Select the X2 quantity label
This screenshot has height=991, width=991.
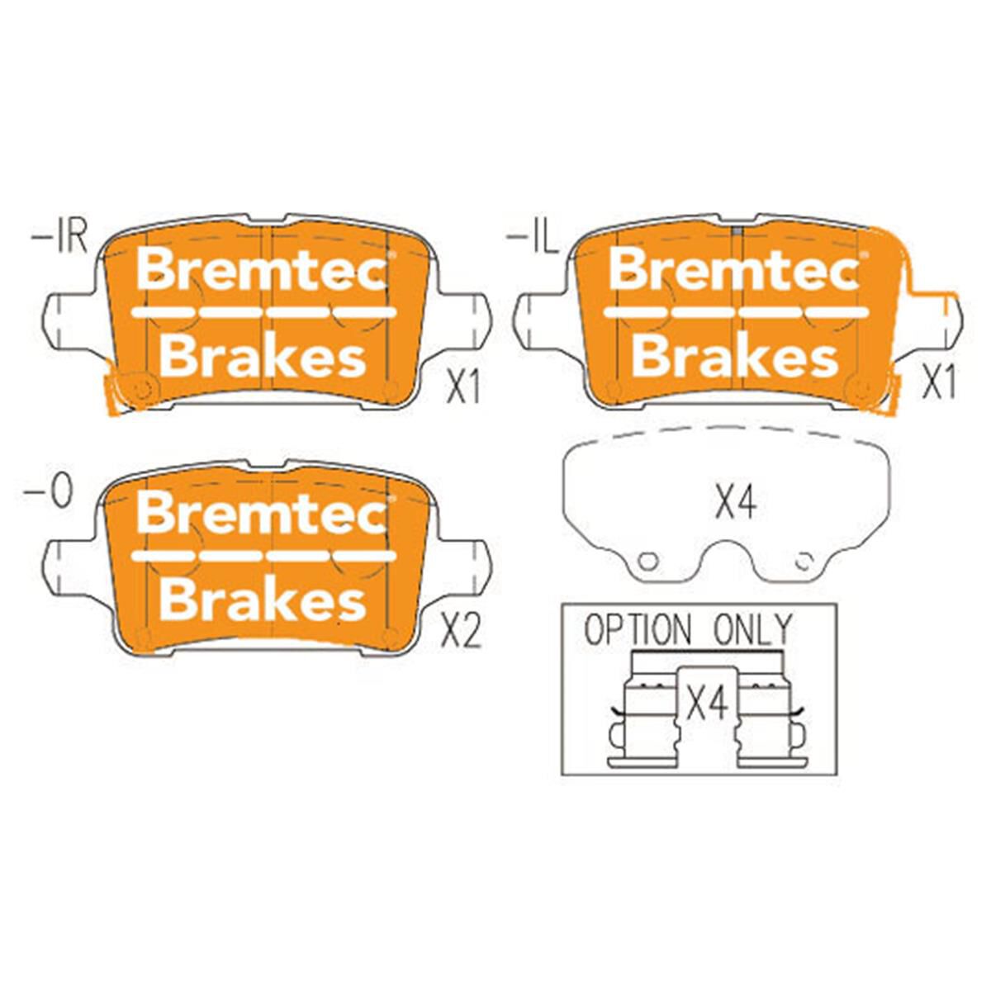click(x=461, y=632)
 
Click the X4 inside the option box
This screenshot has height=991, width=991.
click(x=707, y=704)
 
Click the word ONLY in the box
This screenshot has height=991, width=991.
click(x=752, y=631)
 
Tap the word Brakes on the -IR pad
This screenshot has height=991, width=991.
click(x=263, y=357)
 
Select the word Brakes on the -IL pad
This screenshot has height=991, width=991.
click(x=735, y=357)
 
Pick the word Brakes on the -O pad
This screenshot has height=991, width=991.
click(x=263, y=600)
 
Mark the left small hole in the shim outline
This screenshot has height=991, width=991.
click(x=649, y=561)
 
